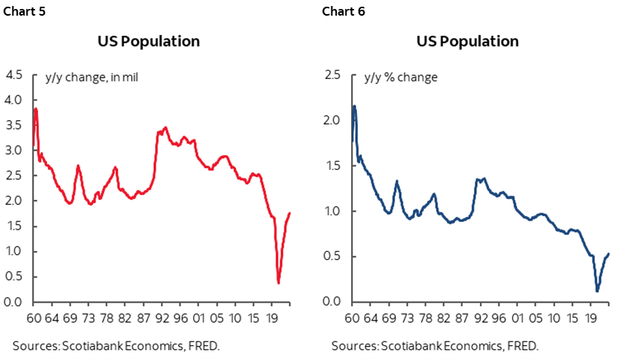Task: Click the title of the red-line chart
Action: pos(148,41)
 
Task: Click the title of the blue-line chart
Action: pos(467,41)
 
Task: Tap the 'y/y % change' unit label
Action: pos(400,78)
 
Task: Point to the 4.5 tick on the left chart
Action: pos(14,75)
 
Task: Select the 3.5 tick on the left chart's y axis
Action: pos(14,125)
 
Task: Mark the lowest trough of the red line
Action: pos(279,282)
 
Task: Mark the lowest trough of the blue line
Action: pos(598,291)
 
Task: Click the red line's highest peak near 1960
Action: pos(35,109)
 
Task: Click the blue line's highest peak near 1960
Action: pos(354,106)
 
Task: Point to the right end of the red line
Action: pos(290,213)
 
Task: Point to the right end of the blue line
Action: pos(609,254)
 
